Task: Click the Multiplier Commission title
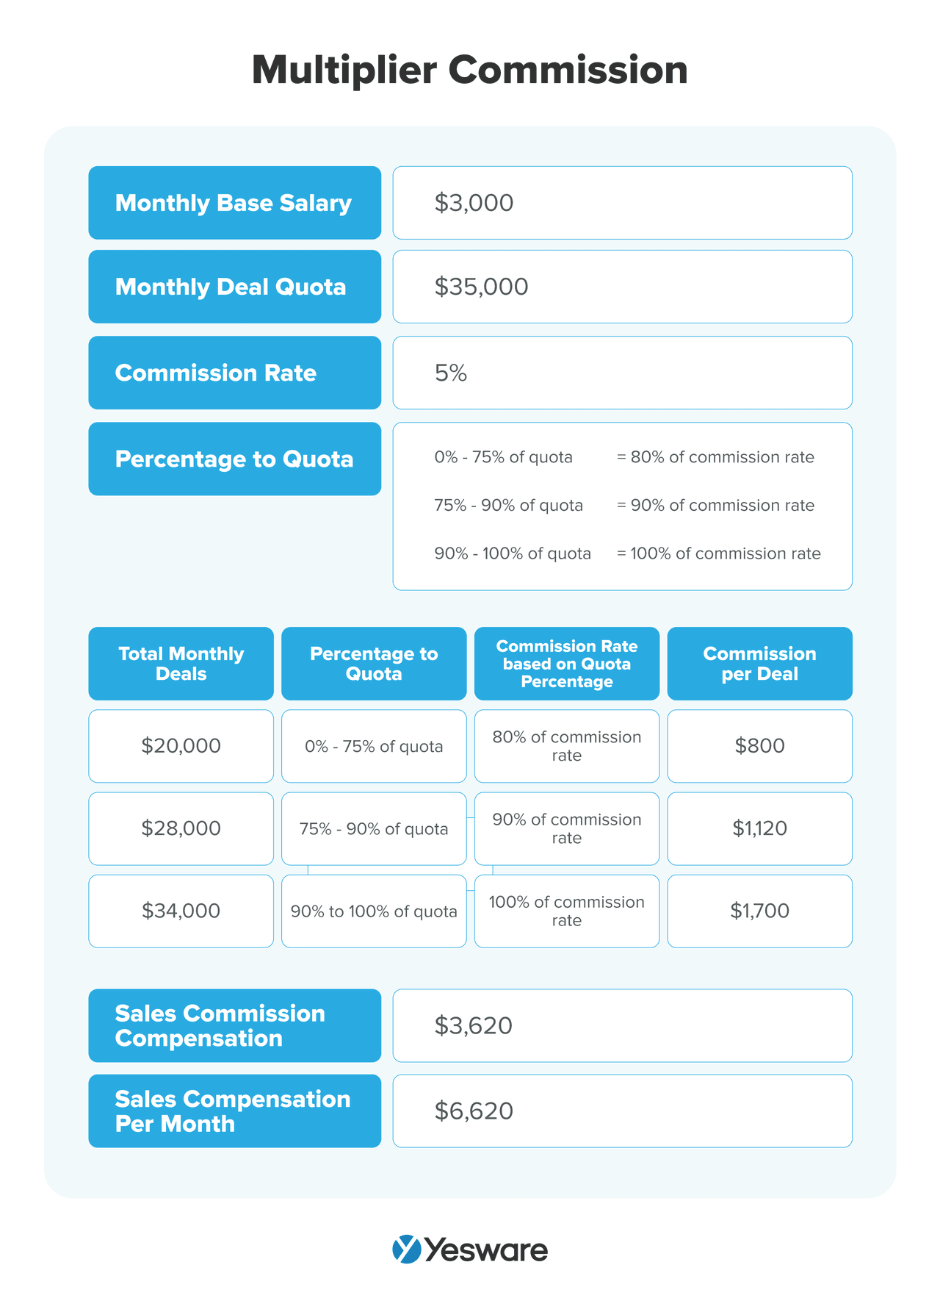click(x=469, y=71)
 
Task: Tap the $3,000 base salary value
click(x=474, y=203)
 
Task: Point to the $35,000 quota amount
click(x=481, y=287)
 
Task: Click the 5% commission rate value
click(x=451, y=373)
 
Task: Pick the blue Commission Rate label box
click(x=234, y=373)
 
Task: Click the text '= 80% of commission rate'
click(x=715, y=457)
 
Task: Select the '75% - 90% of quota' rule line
click(x=508, y=506)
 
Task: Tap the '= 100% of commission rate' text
click(x=718, y=553)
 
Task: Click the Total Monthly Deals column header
click(x=181, y=664)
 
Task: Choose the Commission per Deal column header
click(x=759, y=664)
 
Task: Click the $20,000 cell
click(x=181, y=746)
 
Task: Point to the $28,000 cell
click(x=181, y=828)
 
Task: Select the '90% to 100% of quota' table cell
click(x=374, y=911)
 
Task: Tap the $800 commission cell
click(x=759, y=746)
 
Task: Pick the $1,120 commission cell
click(x=759, y=828)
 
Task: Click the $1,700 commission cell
click(x=759, y=911)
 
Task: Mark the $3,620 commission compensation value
click(x=474, y=1025)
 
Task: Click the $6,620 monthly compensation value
click(x=474, y=1111)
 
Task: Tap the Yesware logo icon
click(x=407, y=1249)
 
